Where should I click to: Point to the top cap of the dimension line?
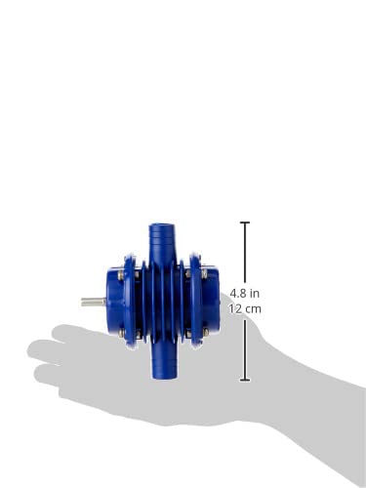[245, 223]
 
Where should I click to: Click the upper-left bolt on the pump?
[120, 274]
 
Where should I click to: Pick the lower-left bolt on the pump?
[120, 332]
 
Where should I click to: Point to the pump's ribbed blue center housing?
[159, 303]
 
